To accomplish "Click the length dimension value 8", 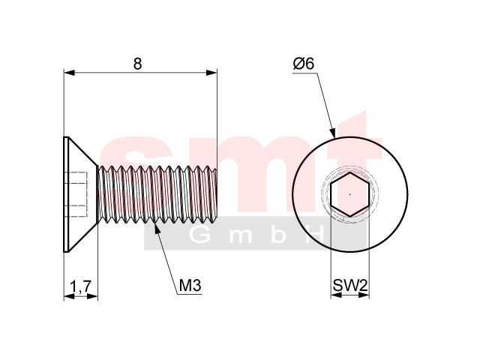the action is (138, 64).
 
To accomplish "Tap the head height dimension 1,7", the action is (81, 286).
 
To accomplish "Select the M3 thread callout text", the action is (190, 286).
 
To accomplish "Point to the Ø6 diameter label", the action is (304, 64).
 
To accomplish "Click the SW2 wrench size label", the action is (350, 286).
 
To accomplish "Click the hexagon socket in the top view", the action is (350, 194).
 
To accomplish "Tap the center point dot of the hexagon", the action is (350, 194).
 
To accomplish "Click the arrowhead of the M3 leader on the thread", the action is (157, 229).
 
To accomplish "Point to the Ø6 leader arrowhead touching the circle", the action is (332, 132).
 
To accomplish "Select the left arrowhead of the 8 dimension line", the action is (70, 73).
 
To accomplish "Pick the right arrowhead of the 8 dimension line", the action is (211, 73).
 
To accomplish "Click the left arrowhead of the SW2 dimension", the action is (336, 295).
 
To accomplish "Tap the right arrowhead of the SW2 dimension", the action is (364, 295).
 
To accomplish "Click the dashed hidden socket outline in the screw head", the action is (76, 194).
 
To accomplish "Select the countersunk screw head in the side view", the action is (81, 194).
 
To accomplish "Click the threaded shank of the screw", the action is (157, 194).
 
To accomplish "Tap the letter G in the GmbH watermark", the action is (199, 235).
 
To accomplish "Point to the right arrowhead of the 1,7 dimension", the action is (92, 296).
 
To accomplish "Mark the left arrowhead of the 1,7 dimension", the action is (70, 296).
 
